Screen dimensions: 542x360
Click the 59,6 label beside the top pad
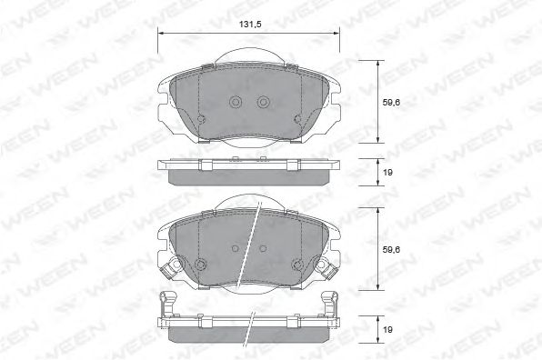coord(391,102)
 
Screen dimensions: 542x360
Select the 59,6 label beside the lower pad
coord(391,249)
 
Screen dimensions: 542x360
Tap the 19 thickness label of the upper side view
coord(387,172)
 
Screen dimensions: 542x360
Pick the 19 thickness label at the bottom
coord(387,330)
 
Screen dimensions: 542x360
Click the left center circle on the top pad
coord(236,102)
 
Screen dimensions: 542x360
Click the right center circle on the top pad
coord(263,102)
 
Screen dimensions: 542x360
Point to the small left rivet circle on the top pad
coord(201,119)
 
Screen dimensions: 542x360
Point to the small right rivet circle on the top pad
coord(297,119)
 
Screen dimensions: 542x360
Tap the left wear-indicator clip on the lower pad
coord(170,269)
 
